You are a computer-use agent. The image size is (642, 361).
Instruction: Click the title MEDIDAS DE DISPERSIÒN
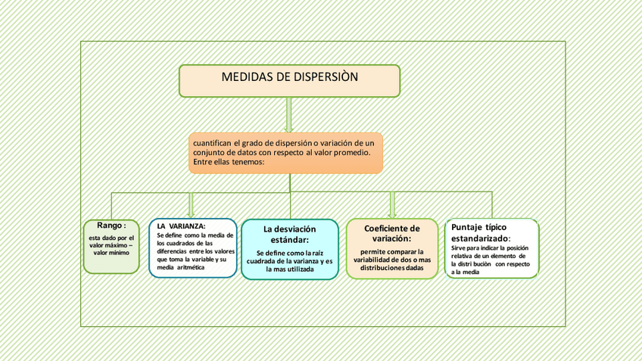click(290, 77)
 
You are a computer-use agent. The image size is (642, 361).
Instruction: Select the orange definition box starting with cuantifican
click(285, 153)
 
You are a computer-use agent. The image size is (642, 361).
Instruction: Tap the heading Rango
click(111, 225)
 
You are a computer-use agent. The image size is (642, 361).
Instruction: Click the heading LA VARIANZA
click(181, 226)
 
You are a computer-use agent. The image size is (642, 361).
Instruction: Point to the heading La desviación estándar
click(290, 234)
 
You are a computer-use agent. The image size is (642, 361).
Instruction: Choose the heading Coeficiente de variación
click(391, 233)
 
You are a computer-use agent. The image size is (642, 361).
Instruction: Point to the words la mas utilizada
click(289, 269)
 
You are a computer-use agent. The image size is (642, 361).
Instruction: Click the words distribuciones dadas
click(391, 268)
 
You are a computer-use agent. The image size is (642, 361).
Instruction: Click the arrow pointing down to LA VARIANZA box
click(191, 204)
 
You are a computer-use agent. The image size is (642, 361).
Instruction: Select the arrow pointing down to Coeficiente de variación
click(392, 204)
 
